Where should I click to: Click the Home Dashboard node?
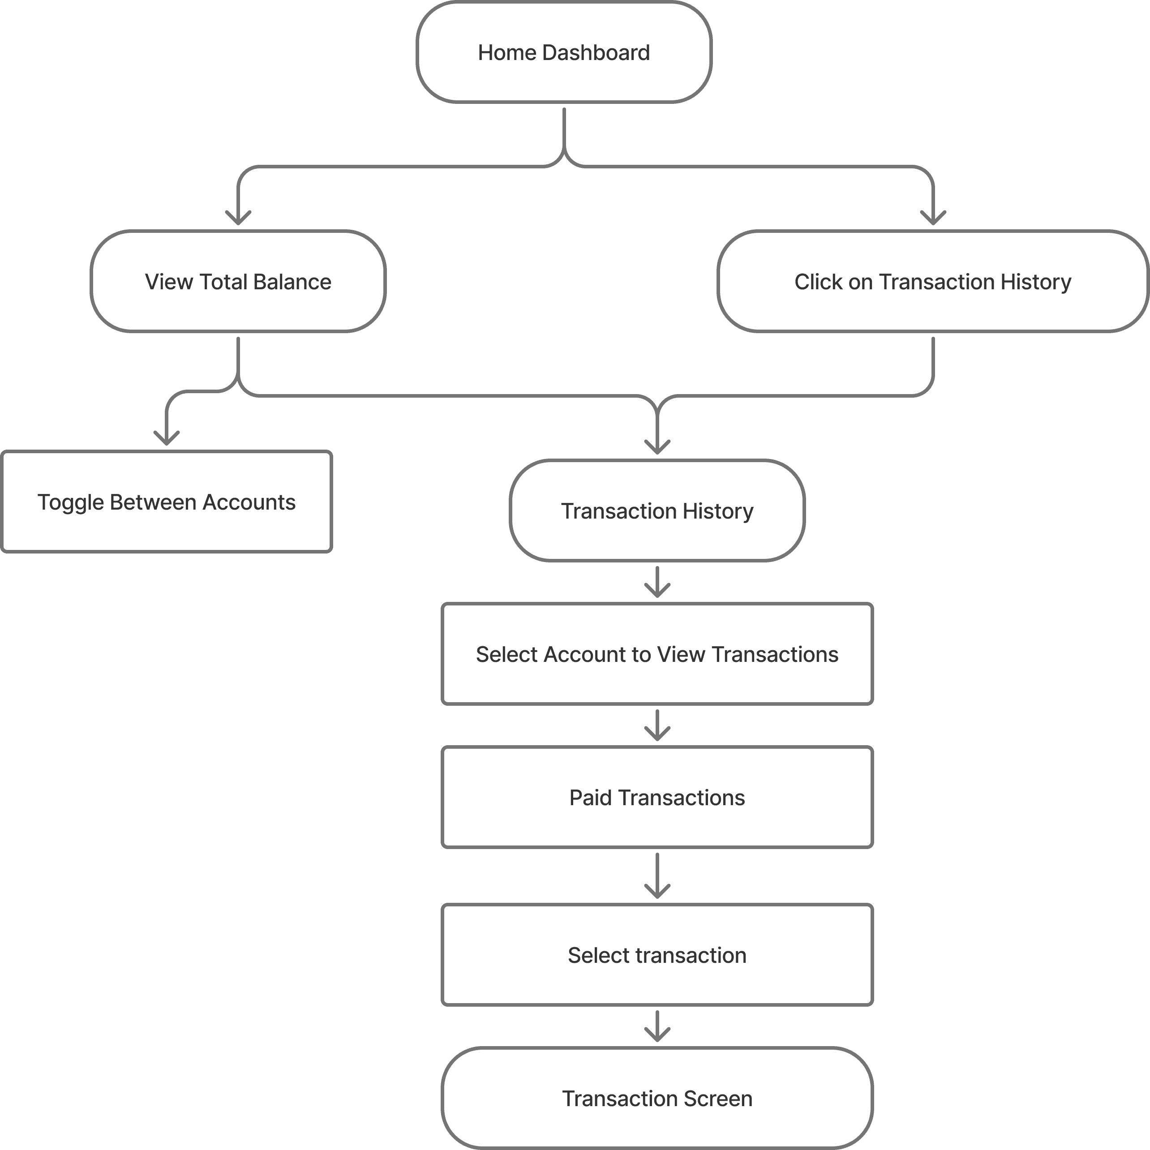point(564,52)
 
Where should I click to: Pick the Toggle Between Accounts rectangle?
point(167,502)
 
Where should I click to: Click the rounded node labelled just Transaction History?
point(657,511)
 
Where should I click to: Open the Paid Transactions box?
point(657,797)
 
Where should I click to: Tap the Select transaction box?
point(657,955)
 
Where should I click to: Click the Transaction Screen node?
point(657,1098)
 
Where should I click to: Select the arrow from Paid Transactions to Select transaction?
point(657,875)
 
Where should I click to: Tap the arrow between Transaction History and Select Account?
point(657,582)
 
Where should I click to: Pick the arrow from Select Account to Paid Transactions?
point(657,725)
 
